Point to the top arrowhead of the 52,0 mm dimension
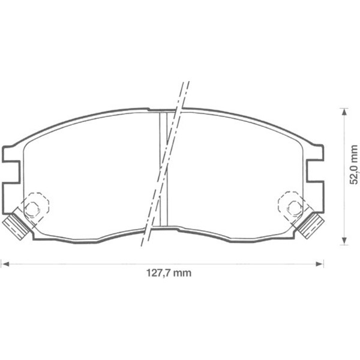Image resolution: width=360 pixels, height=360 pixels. pyautogui.click(x=344, y=112)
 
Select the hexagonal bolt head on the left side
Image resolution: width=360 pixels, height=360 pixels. pyautogui.click(x=34, y=209)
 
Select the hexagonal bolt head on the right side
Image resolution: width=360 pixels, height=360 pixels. pyautogui.click(x=293, y=209)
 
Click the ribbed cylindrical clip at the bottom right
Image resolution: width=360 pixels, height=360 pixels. pyautogui.click(x=311, y=225)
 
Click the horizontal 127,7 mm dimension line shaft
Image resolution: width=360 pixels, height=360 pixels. pyautogui.click(x=90, y=263)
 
